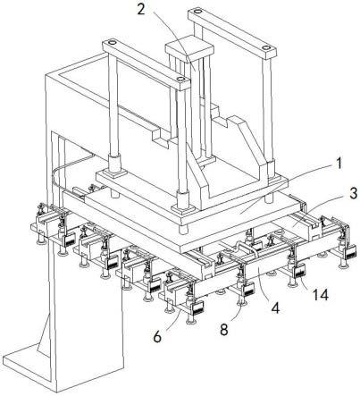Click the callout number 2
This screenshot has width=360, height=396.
click(141, 9)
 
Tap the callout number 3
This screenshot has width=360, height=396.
click(353, 194)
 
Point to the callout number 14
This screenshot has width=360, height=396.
click(320, 295)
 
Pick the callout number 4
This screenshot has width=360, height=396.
click(276, 308)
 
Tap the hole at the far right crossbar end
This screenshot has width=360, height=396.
click(266, 47)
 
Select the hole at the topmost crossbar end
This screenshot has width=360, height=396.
click(197, 12)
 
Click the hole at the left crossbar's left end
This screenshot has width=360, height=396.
click(111, 43)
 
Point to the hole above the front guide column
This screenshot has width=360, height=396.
click(180, 80)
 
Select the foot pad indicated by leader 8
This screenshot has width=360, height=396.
click(241, 303)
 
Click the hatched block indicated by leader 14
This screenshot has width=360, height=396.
click(299, 273)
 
